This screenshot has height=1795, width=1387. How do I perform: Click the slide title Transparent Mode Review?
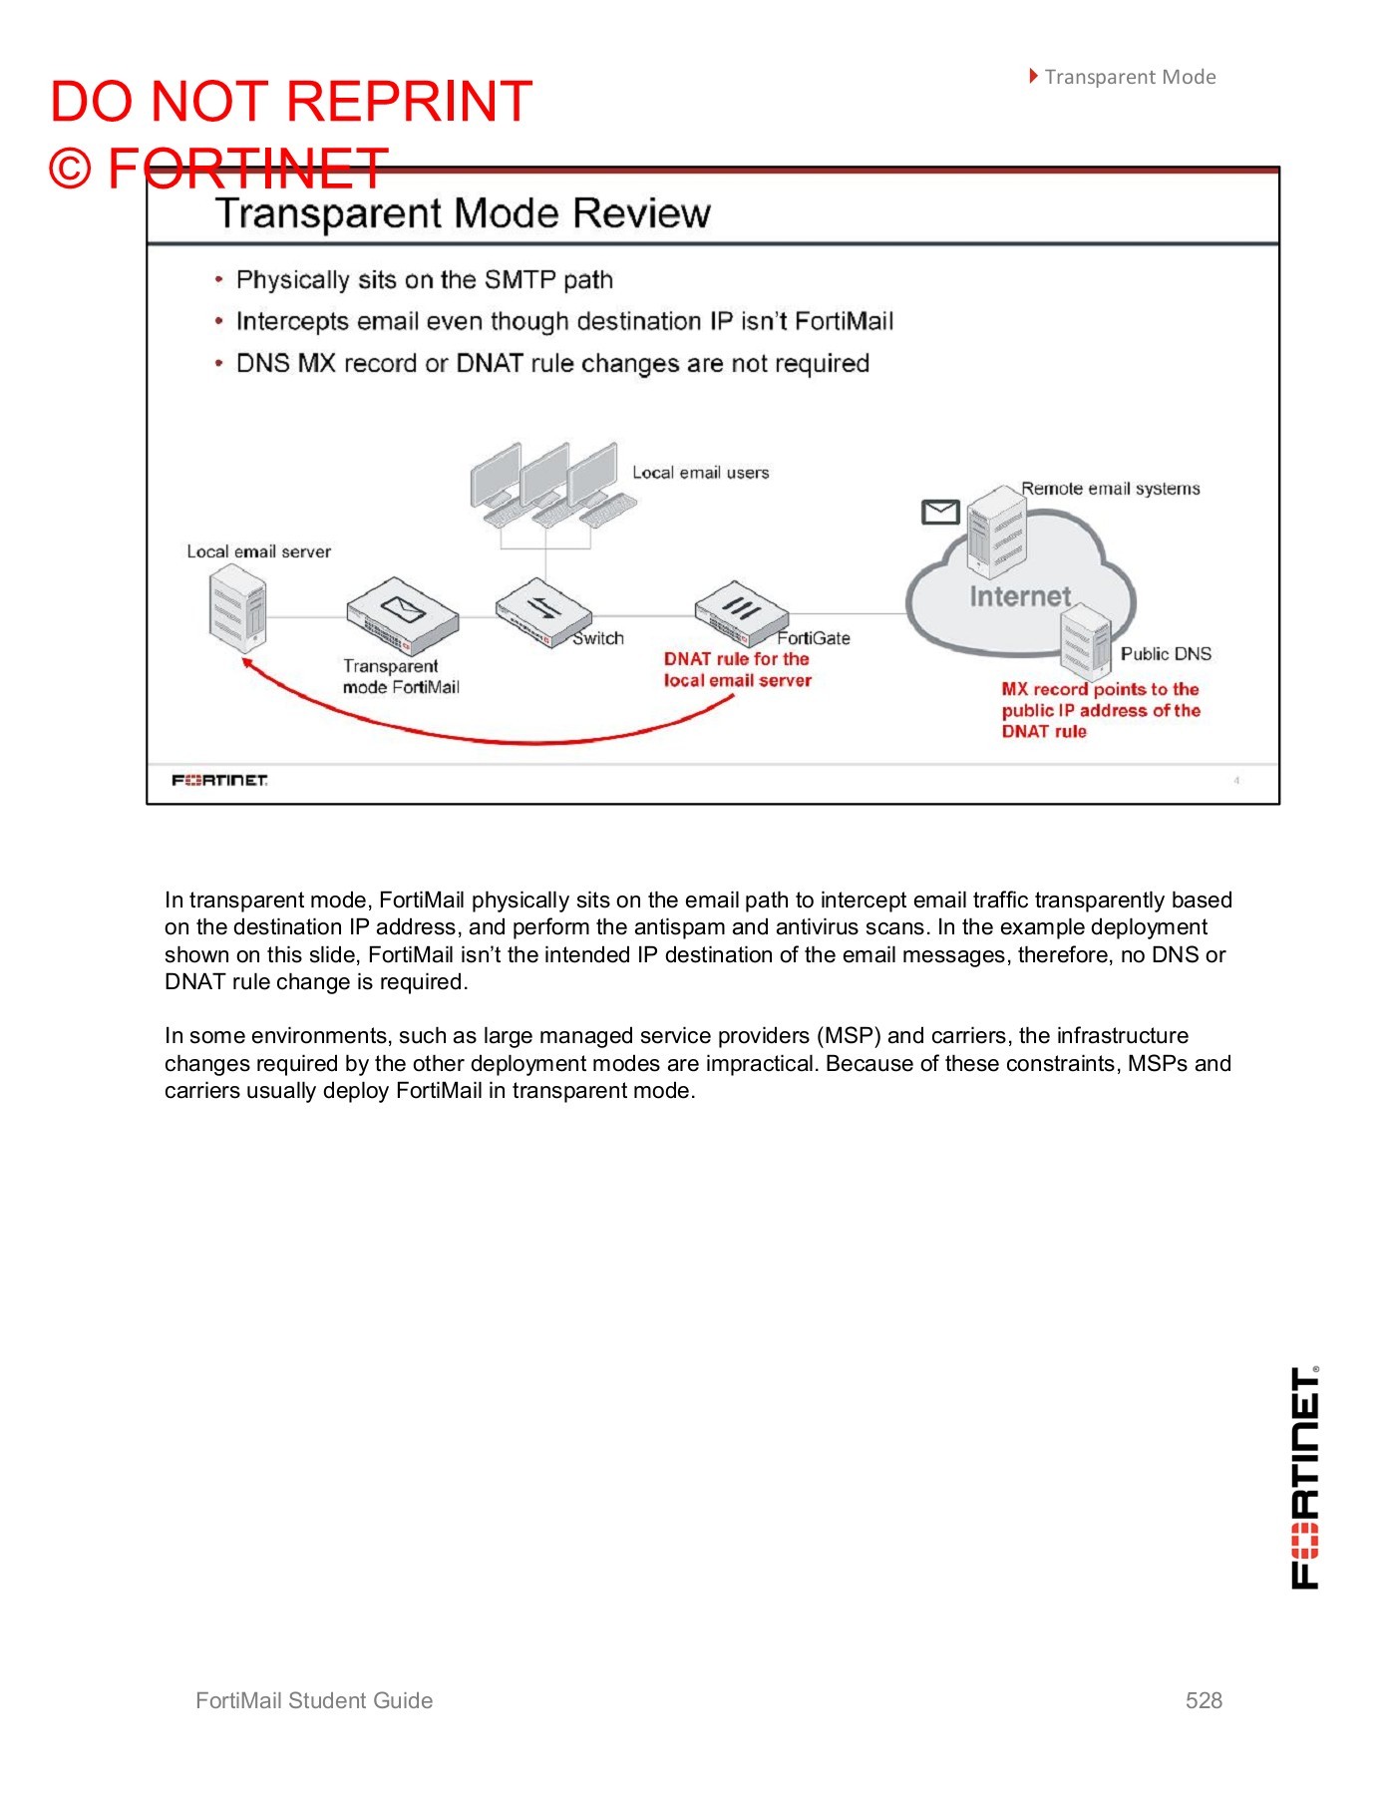(x=463, y=213)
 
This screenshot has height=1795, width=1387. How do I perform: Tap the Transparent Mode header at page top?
(x=1129, y=77)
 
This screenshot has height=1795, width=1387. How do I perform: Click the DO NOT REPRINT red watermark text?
(x=291, y=102)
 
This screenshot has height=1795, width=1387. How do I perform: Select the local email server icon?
(x=238, y=608)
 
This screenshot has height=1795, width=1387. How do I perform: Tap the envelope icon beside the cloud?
(x=939, y=512)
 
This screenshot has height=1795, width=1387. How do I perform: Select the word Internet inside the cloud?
(x=1019, y=596)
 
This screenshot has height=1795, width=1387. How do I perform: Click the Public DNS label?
(x=1165, y=654)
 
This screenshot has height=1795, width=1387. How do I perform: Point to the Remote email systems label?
(x=1110, y=489)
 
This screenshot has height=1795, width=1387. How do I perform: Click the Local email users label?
(x=700, y=473)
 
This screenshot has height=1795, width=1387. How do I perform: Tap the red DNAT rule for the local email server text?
(x=737, y=670)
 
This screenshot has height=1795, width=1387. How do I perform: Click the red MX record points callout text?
(x=1100, y=710)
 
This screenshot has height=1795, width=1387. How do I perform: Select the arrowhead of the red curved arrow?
(x=247, y=664)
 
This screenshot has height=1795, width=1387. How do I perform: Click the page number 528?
(x=1203, y=1700)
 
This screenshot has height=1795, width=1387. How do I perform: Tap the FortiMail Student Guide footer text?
(x=314, y=1700)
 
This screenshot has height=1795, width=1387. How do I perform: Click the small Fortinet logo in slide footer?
(x=219, y=780)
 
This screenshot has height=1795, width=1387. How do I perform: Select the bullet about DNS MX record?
(x=551, y=364)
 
